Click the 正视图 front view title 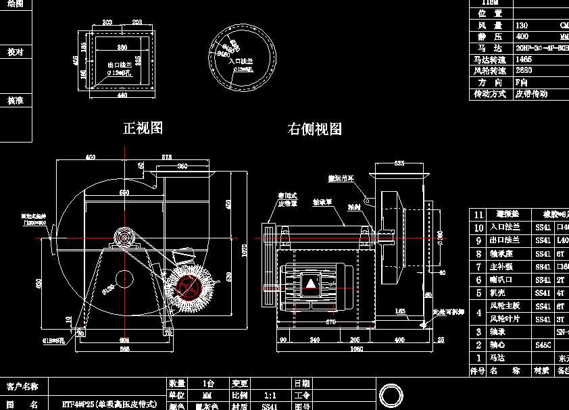143,128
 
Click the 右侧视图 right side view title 314,129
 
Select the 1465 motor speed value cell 523,59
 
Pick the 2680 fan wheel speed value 523,70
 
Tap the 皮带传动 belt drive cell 531,94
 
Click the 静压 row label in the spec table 490,36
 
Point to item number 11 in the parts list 478,214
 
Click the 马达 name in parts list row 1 500,358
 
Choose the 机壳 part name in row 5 500,293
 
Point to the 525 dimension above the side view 399,163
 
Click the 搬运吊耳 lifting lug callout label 342,178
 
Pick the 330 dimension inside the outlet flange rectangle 122,47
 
